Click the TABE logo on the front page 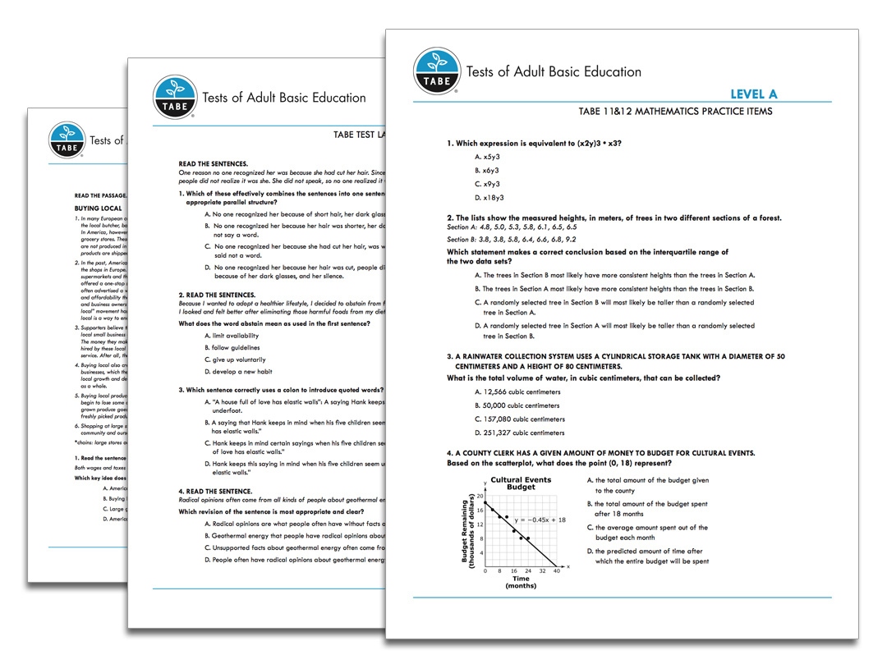coord(437,71)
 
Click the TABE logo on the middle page coord(173,98)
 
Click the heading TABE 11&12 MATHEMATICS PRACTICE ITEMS coord(675,112)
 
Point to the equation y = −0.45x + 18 coord(540,520)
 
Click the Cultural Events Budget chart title coord(521,483)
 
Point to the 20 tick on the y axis coord(480,496)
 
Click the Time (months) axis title coord(520,582)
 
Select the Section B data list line coord(512,239)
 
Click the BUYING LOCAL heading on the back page coord(98,208)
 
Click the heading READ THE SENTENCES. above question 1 coord(213,164)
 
